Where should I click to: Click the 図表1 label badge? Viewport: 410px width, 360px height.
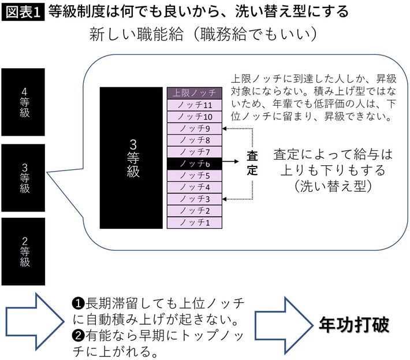(x=23, y=11)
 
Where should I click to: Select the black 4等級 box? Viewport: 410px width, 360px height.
(x=24, y=102)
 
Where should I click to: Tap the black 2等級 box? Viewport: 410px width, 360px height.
(x=24, y=251)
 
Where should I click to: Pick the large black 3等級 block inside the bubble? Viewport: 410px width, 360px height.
(x=131, y=157)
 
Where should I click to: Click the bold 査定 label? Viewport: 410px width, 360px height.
(x=252, y=164)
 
